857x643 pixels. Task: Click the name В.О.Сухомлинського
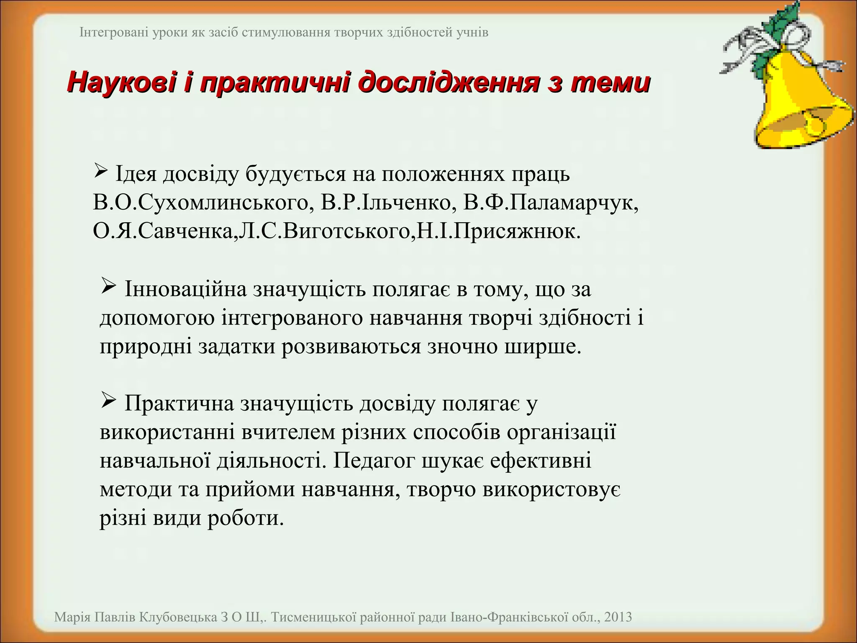(201, 203)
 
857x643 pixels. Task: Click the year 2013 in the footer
(618, 617)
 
